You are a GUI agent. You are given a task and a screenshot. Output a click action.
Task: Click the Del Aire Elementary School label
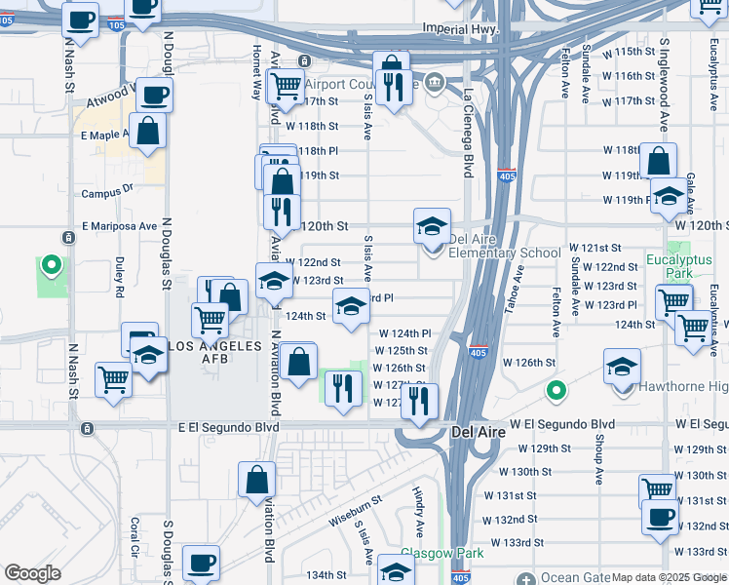[x=504, y=253]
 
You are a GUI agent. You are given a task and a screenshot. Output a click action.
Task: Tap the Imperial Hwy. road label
[x=459, y=30]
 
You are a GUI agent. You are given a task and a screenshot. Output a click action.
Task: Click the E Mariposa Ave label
[x=120, y=225]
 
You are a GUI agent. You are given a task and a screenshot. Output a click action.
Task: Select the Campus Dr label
[x=107, y=192]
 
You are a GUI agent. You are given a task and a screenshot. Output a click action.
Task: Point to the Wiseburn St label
[x=354, y=508]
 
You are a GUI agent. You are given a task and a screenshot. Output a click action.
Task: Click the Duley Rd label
[x=119, y=277]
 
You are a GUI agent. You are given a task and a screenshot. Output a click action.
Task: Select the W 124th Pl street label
[x=404, y=333]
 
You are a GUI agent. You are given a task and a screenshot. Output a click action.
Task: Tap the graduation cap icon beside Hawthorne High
[x=622, y=367]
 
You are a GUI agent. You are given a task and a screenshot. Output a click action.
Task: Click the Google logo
[x=32, y=574]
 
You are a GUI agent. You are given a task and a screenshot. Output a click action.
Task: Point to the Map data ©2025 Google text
[x=670, y=577]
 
